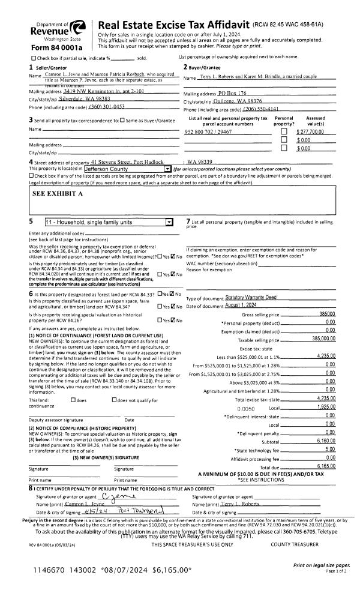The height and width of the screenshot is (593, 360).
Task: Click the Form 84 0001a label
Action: coord(56,47)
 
